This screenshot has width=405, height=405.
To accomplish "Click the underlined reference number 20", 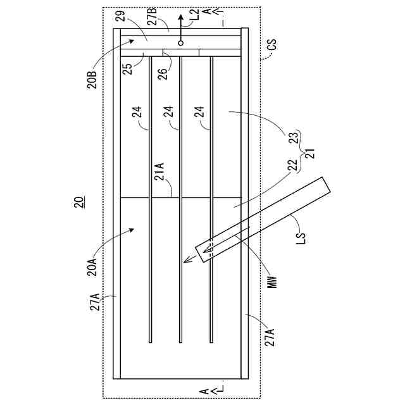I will [78, 202].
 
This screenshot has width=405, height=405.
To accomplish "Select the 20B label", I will [92, 81].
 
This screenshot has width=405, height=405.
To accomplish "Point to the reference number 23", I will [293, 139].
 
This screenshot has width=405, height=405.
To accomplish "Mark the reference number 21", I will [310, 153].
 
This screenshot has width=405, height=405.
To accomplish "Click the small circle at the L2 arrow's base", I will [180, 43].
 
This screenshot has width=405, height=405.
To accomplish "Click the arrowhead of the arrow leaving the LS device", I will [185, 261].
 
